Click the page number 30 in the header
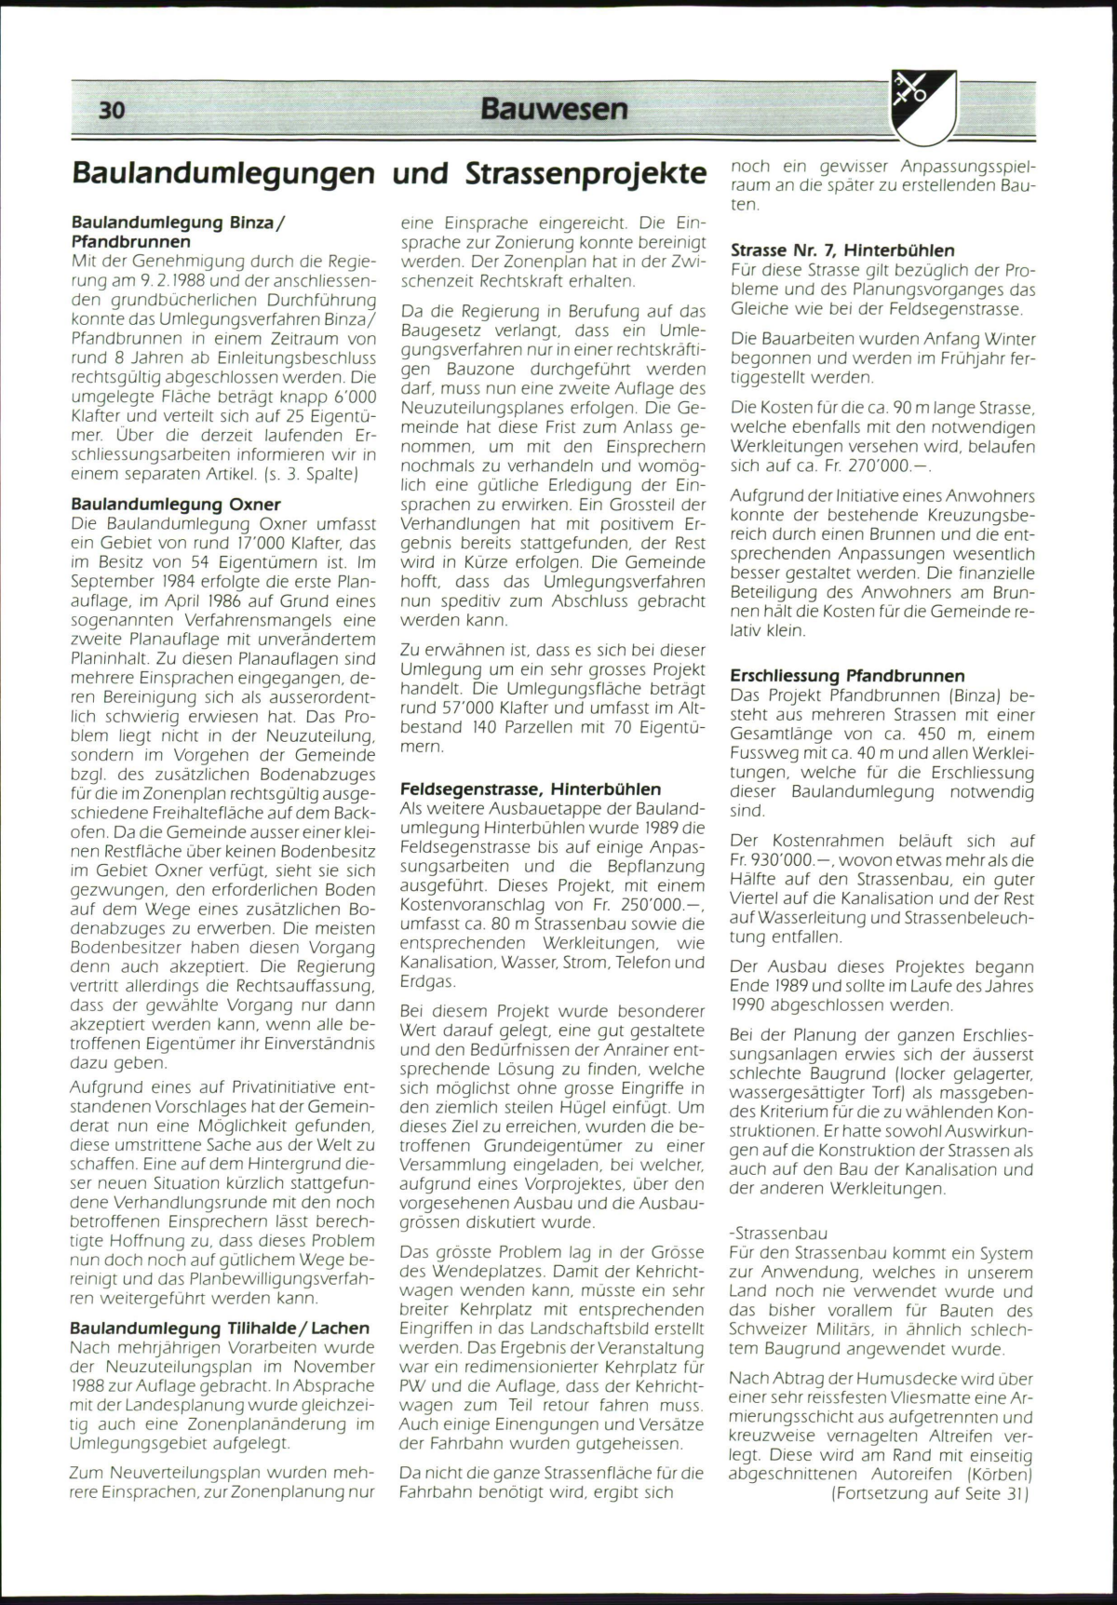coord(111,110)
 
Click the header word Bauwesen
coord(554,109)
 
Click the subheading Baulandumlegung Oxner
coord(176,504)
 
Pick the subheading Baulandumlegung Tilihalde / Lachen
coord(220,1328)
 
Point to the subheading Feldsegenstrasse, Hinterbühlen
coord(530,789)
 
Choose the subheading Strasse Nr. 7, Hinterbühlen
coord(842,250)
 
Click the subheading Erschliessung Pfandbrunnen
coord(847,676)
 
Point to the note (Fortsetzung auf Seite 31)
coord(929,1492)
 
